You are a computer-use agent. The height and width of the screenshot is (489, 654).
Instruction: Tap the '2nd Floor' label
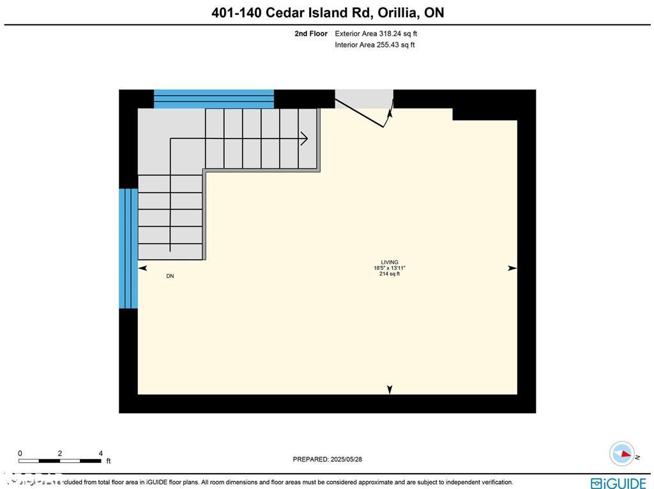click(x=311, y=34)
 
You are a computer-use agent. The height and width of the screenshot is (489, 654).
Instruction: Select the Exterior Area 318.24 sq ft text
click(x=376, y=34)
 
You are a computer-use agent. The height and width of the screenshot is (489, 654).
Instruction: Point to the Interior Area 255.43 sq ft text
click(x=375, y=45)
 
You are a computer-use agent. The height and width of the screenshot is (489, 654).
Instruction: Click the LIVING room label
click(x=390, y=262)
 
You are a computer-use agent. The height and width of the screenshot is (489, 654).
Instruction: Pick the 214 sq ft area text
click(x=390, y=274)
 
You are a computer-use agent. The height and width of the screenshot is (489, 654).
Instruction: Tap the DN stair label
click(x=170, y=276)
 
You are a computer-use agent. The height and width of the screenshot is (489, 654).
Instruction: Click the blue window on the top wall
click(x=214, y=99)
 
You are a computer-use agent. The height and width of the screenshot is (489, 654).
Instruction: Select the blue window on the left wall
click(x=128, y=248)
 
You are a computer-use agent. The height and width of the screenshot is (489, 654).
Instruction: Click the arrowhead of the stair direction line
click(x=305, y=139)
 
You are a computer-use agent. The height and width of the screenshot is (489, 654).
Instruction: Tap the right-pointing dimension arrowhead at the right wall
click(x=512, y=269)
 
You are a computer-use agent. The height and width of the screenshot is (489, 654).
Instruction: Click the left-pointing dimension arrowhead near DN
click(x=142, y=269)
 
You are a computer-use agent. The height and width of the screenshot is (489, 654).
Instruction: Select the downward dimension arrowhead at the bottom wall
click(x=390, y=389)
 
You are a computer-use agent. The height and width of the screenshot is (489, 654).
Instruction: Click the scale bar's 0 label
click(x=20, y=453)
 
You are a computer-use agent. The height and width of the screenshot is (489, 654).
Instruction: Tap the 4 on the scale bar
click(x=100, y=453)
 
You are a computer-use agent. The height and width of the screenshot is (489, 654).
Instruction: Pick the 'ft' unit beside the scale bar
click(x=108, y=461)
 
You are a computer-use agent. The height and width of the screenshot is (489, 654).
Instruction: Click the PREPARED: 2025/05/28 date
click(x=327, y=459)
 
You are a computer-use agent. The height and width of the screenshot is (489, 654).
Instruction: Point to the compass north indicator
click(x=622, y=454)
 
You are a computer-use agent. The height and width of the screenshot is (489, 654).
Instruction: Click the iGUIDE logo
click(x=618, y=483)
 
